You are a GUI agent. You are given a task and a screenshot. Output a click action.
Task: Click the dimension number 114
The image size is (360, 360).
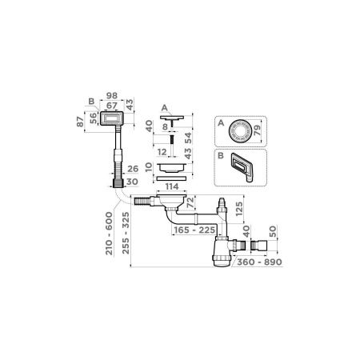(170, 186)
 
